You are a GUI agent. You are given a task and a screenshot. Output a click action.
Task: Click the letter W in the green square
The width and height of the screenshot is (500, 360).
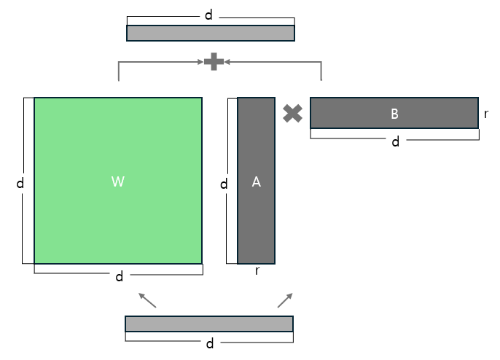click(x=118, y=182)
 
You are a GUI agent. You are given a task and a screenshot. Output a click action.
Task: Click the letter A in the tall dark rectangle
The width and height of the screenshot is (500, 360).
click(x=256, y=182)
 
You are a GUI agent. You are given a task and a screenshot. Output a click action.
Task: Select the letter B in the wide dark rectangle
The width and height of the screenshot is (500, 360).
click(x=394, y=114)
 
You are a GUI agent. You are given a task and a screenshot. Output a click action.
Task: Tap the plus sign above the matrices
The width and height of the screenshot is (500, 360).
click(x=214, y=62)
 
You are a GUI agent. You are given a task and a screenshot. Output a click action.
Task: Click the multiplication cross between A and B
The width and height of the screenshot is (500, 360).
click(x=292, y=113)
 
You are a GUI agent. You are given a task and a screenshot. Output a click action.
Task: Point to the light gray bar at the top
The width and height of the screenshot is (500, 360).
click(x=211, y=33)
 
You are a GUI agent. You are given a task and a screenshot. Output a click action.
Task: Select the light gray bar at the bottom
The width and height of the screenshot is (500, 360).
click(x=209, y=324)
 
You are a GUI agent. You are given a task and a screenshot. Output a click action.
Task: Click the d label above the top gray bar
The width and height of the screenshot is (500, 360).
click(x=208, y=15)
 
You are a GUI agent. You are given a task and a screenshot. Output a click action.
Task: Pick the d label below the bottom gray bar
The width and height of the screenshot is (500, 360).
click(x=210, y=343)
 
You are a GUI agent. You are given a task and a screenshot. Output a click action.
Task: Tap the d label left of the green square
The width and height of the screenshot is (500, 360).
click(x=20, y=184)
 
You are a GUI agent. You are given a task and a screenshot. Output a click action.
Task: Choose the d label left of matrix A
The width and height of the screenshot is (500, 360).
click(x=224, y=184)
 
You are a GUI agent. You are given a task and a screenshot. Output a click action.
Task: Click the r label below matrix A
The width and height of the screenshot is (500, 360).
click(x=258, y=271)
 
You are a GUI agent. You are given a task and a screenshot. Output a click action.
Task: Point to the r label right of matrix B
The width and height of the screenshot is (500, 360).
click(x=486, y=114)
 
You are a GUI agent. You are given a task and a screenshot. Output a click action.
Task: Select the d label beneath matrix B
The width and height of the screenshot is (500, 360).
click(x=396, y=141)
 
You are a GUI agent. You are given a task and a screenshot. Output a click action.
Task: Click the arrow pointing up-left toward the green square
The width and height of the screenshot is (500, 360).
click(x=147, y=300)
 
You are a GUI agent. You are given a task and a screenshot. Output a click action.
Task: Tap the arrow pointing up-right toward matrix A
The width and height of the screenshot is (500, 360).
click(x=285, y=300)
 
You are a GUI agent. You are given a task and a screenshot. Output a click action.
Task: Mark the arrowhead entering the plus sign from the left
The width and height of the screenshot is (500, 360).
click(x=201, y=62)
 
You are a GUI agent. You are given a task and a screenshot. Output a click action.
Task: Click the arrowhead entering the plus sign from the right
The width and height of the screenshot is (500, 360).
click(x=227, y=62)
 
